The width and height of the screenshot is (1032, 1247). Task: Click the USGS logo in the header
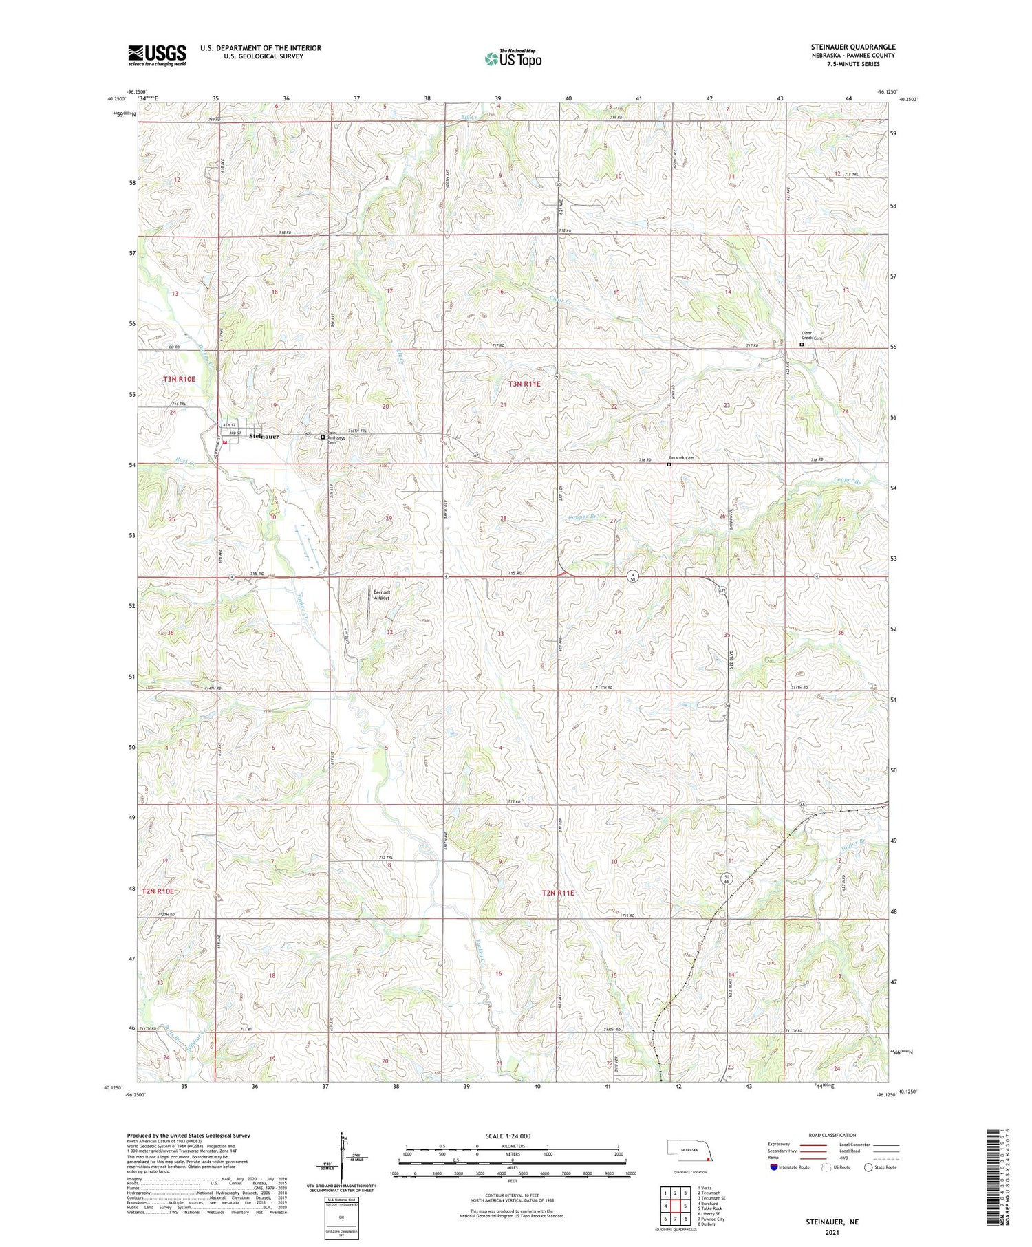[x=157, y=55]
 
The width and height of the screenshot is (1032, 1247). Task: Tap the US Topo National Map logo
[x=513, y=59]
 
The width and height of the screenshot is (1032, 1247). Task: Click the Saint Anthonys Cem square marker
[x=323, y=436]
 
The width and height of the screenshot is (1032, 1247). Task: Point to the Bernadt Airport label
[x=381, y=595]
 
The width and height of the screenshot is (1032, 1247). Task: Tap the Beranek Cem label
[x=682, y=458]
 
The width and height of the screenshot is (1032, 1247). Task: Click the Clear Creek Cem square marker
[x=801, y=345]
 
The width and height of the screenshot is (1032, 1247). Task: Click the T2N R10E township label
[x=158, y=891]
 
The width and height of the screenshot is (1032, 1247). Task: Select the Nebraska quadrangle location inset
[x=691, y=1150]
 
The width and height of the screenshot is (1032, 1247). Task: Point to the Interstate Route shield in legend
[x=774, y=1167]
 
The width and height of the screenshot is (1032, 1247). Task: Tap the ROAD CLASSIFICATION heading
[x=832, y=1135]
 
